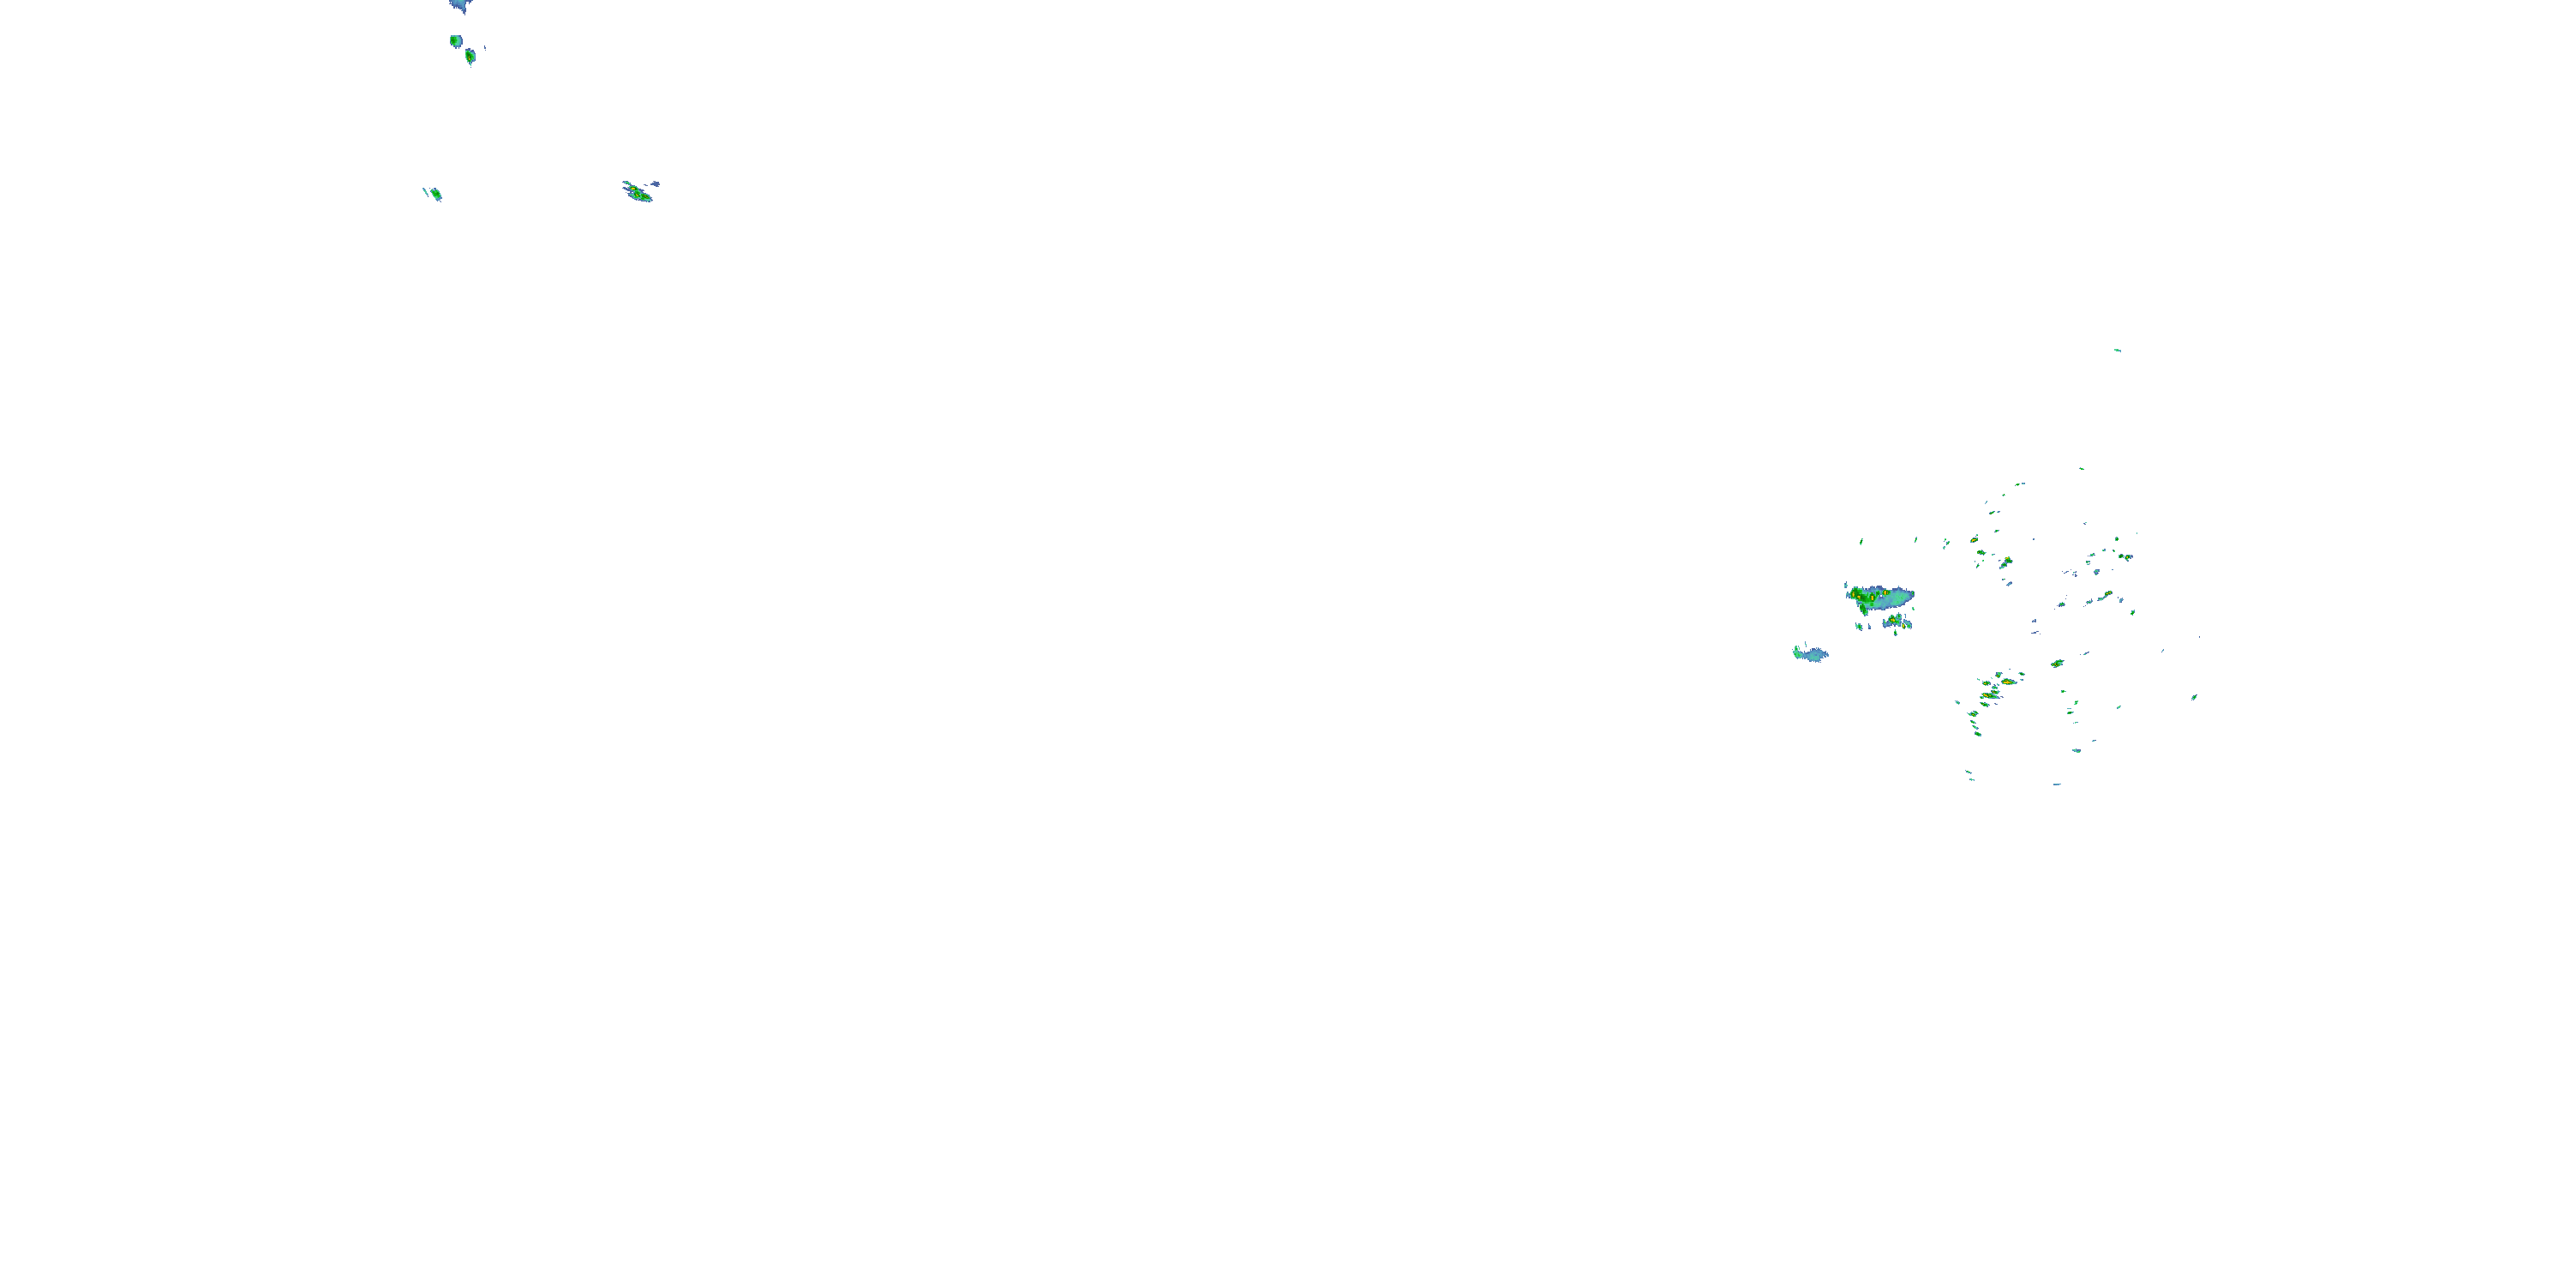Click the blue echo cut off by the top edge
[460, 5]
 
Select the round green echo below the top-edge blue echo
[455, 41]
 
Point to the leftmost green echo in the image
[435, 194]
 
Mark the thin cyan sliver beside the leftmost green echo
[425, 189]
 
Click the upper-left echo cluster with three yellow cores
[638, 192]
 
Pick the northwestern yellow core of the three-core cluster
[630, 186]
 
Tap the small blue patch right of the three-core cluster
[655, 183]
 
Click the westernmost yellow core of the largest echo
[1855, 595]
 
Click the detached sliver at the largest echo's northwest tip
[1847, 586]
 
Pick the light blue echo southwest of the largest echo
[1811, 654]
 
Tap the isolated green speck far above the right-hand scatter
[2117, 351]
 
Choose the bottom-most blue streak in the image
[2056, 784]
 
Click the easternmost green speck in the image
[2194, 697]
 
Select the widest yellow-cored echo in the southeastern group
[2007, 681]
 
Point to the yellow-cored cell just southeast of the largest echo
[1897, 621]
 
